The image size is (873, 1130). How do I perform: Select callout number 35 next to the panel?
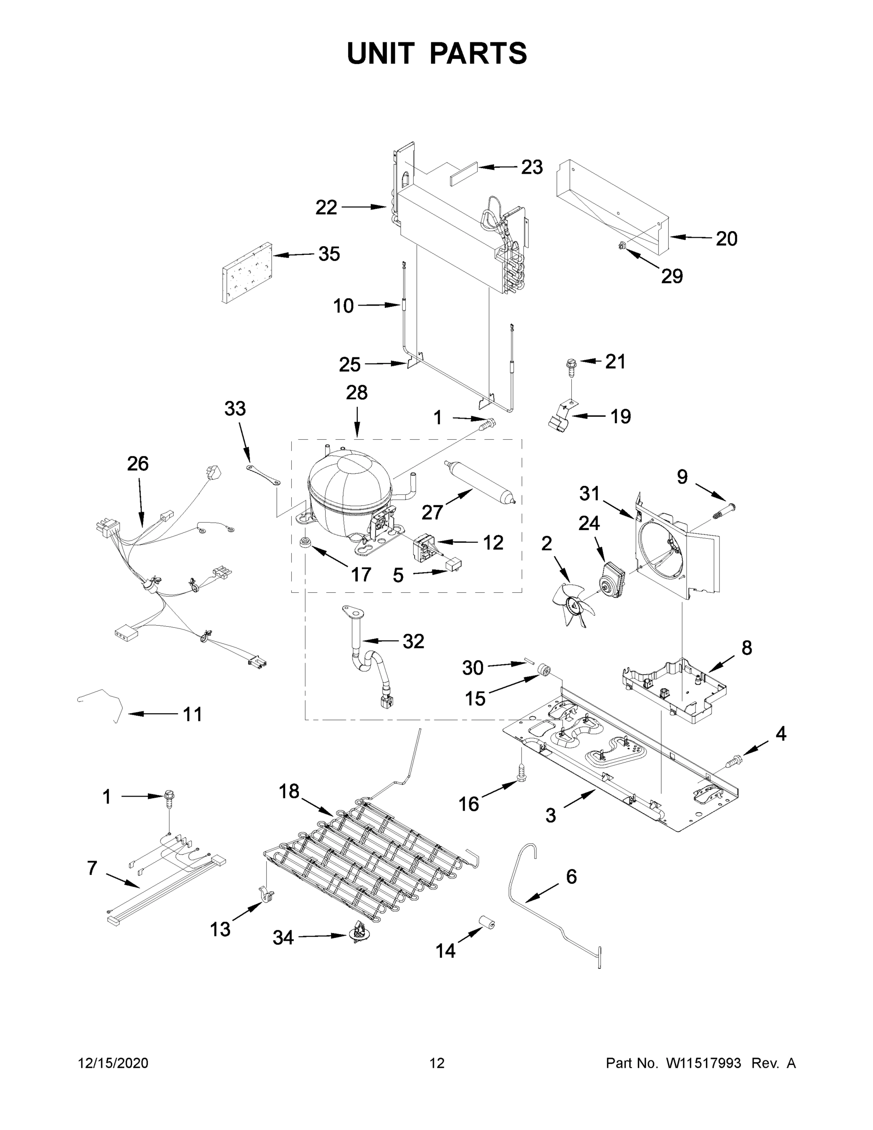point(329,254)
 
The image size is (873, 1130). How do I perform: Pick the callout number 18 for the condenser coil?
point(289,791)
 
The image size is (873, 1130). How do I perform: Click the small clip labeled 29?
point(623,246)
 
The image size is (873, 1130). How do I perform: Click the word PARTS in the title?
point(479,53)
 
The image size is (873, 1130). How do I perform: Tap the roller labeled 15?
point(543,670)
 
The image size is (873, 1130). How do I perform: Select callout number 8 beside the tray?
point(746,647)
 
